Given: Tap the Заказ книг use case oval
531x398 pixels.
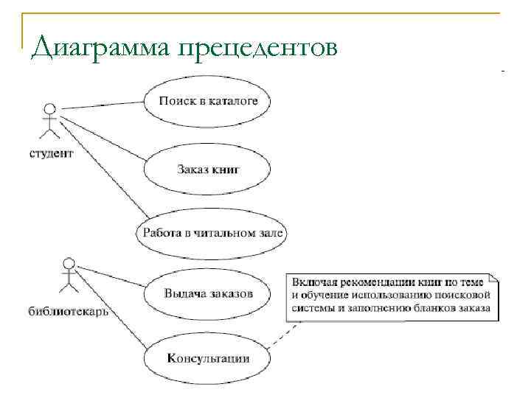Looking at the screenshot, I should (x=209, y=169).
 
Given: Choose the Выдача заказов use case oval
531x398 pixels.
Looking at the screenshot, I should (x=209, y=293).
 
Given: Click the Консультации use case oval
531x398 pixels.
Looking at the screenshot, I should (x=209, y=359).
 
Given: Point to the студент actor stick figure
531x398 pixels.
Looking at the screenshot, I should (x=49, y=122).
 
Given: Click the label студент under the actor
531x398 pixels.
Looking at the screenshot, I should (x=51, y=154).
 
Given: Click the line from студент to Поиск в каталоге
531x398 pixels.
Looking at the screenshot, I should (x=103, y=106).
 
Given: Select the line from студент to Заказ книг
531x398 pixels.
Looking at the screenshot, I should (x=103, y=133).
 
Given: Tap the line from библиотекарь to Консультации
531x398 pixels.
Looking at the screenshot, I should (x=111, y=307).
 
